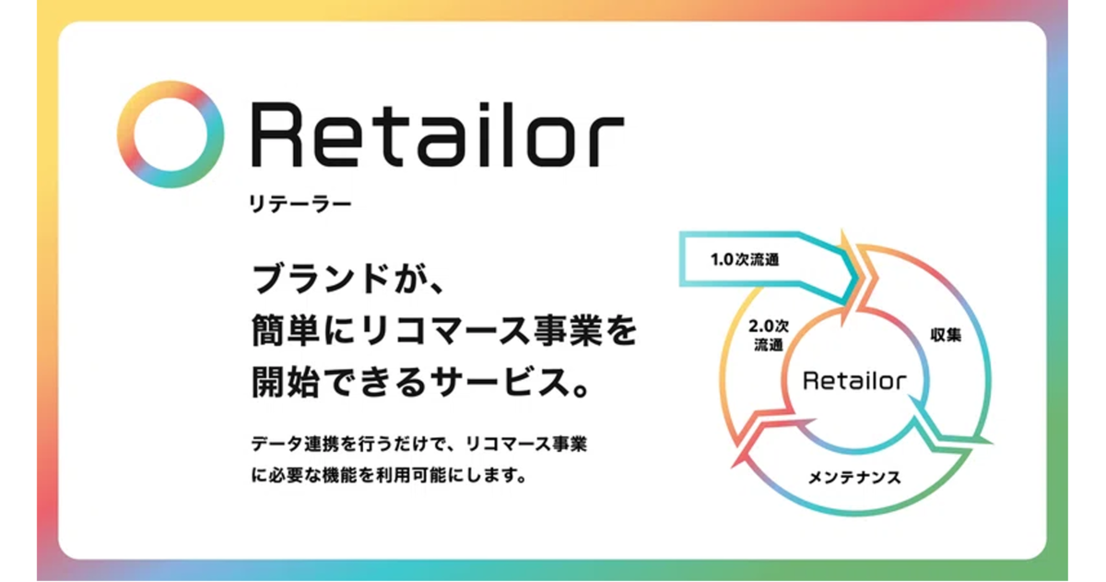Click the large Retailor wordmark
[x=438, y=135]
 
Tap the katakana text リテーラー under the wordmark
[x=300, y=204]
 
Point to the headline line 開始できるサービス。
[x=420, y=382]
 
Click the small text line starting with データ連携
[x=419, y=444]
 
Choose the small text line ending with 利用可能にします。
[x=389, y=475]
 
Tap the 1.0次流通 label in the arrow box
[x=745, y=259]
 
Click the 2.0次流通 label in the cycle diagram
[x=769, y=335]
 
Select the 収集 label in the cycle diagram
[x=946, y=335]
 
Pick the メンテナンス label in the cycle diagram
[x=854, y=477]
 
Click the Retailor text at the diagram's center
[x=854, y=380]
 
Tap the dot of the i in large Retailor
[x=485, y=106]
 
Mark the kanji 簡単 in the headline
[x=286, y=330]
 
